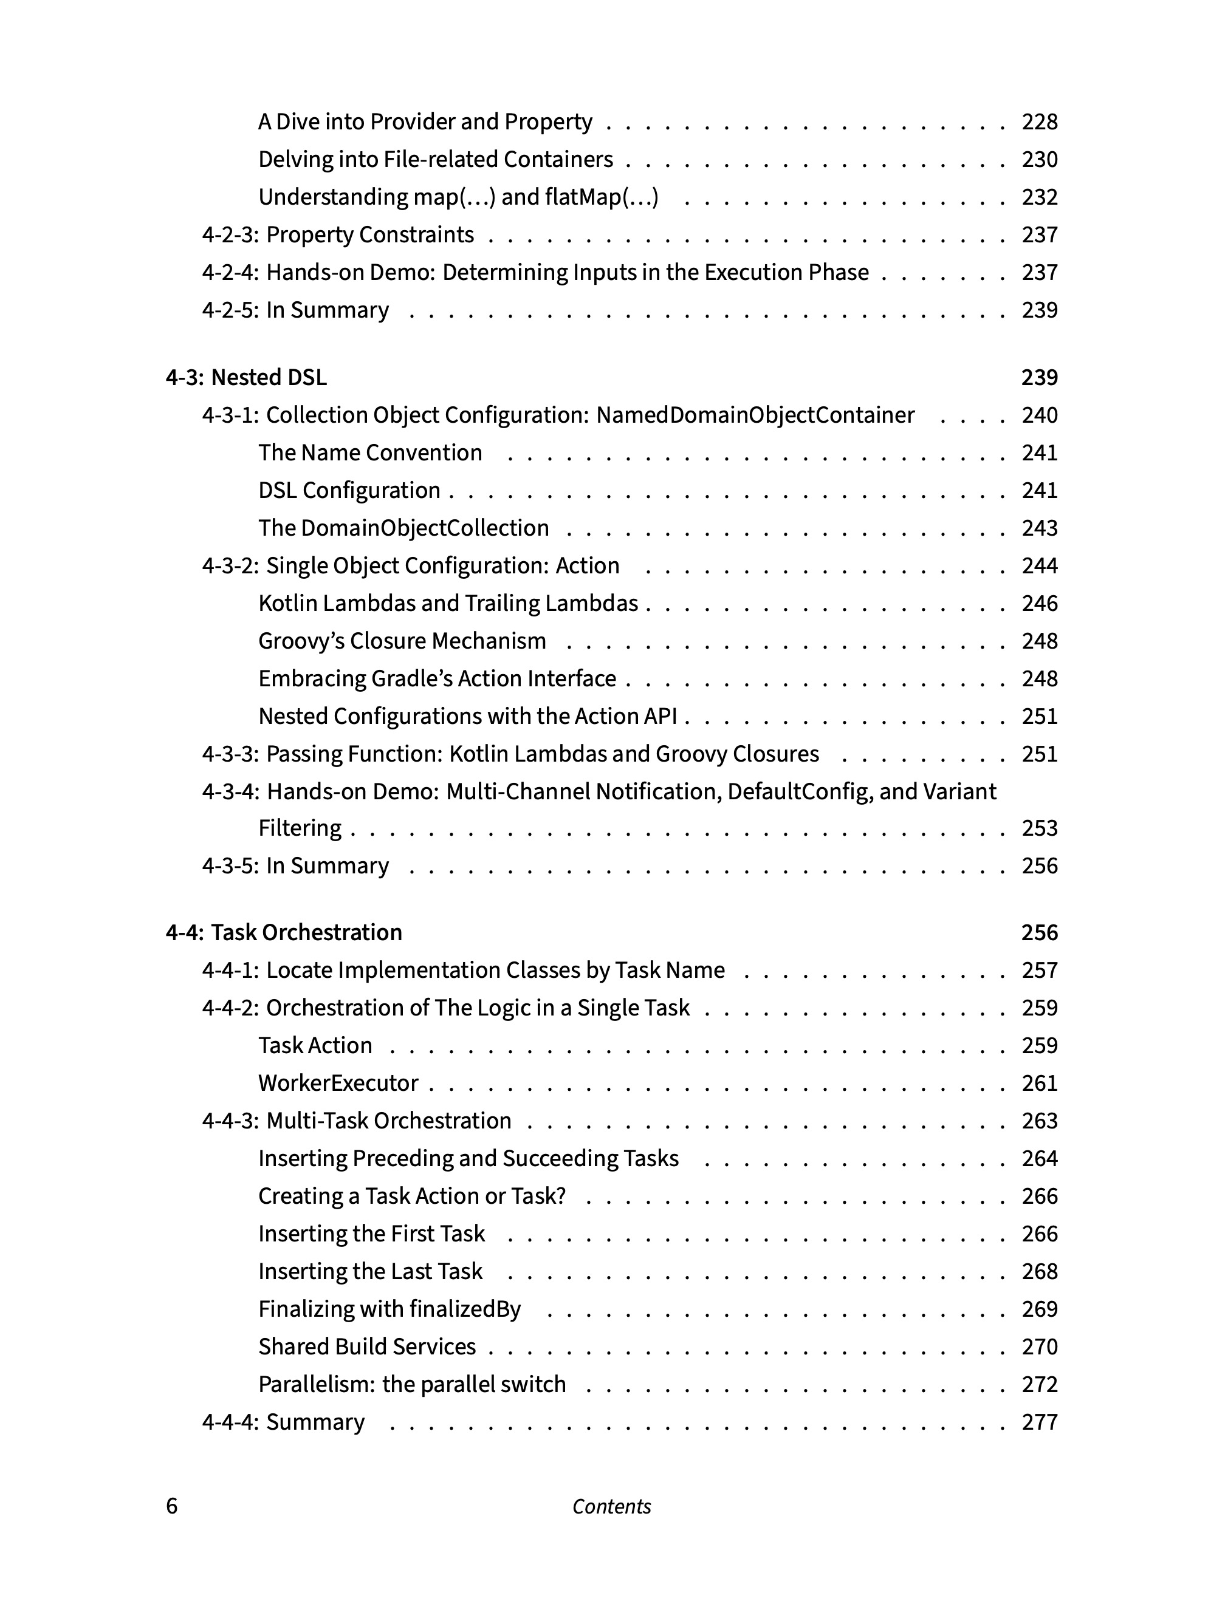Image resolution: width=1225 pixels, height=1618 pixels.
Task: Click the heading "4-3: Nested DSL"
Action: point(246,377)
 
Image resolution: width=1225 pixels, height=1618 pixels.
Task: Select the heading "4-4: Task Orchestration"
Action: point(284,933)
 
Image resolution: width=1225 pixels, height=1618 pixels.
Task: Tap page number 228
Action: point(1039,121)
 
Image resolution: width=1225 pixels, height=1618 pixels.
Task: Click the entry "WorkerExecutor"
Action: point(338,1084)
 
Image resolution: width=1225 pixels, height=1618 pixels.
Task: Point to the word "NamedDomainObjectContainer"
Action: point(755,415)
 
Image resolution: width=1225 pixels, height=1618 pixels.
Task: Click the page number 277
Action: point(1039,1422)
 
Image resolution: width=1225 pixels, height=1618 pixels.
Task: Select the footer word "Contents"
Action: point(612,1506)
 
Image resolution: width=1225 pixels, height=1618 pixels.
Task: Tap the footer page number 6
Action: point(172,1506)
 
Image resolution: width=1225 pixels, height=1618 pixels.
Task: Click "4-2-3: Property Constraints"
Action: point(338,235)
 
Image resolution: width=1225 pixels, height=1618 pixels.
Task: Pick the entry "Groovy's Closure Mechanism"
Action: point(402,641)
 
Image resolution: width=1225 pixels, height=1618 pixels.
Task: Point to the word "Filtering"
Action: point(300,828)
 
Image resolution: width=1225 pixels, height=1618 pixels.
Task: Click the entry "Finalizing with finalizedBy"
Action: point(389,1309)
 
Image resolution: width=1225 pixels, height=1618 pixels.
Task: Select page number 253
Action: point(1039,828)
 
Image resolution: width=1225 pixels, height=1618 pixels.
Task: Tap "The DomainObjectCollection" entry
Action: point(403,528)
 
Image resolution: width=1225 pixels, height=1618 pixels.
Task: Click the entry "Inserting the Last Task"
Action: point(370,1271)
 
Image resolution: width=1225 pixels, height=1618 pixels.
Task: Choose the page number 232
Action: point(1039,197)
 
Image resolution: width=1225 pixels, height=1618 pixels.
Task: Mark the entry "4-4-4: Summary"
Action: point(283,1422)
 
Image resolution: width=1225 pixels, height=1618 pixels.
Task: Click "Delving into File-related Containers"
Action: point(436,160)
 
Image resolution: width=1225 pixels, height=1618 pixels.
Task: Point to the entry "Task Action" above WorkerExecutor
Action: point(315,1046)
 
